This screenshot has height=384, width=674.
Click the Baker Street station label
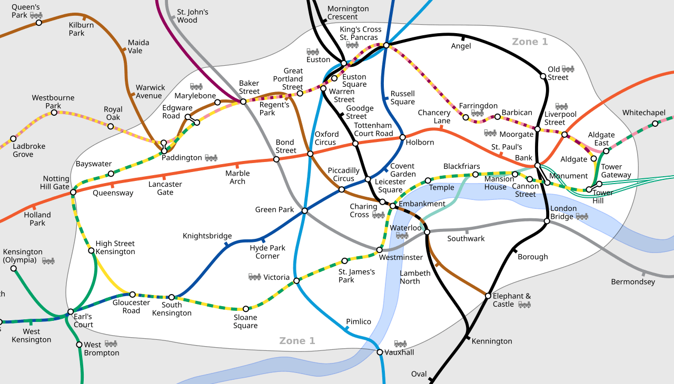pos(249,87)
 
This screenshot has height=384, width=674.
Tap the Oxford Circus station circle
pos(310,154)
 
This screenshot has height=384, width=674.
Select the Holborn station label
pos(420,142)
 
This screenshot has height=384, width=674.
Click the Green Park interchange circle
pos(304,211)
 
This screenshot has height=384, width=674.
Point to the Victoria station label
pos(276,277)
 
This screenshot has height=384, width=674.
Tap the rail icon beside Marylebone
pos(196,87)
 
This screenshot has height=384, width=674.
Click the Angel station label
pos(461,46)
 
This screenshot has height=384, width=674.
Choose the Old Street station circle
pos(543,76)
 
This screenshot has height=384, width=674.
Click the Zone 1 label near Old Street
pos(530,42)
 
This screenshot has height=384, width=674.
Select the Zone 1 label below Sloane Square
pos(297,341)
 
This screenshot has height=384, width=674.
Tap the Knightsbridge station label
pos(207,236)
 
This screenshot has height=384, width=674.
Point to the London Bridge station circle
pos(547,221)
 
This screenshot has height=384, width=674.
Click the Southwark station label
pos(466,239)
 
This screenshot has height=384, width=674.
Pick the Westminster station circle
pos(379,250)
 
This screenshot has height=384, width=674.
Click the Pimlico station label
pos(358,321)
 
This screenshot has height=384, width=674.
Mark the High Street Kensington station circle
pos(91,250)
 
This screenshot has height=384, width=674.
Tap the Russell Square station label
pos(402,98)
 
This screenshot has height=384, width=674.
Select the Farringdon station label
pos(478,106)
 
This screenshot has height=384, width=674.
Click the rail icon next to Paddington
pos(211,158)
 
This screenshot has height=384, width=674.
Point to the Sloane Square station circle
pos(245,309)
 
